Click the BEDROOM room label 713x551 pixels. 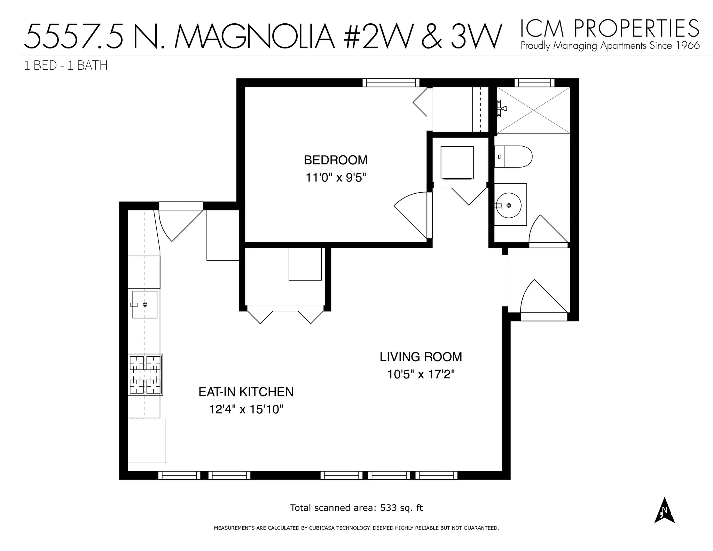click(x=336, y=160)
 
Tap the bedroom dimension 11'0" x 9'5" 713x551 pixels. click(x=336, y=178)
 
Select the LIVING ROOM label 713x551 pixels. click(x=421, y=357)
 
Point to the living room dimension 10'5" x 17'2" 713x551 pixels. click(x=421, y=375)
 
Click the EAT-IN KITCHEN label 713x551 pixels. click(x=246, y=392)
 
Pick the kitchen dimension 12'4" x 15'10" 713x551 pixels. click(x=246, y=410)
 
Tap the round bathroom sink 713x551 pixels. click(x=509, y=205)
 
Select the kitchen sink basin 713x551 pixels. click(x=145, y=305)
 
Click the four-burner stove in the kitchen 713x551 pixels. click(x=145, y=375)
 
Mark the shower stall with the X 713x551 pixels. click(x=534, y=110)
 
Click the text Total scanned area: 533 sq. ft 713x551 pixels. click(x=356, y=508)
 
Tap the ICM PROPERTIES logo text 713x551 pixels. click(x=609, y=29)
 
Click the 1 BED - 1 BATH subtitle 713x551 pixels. click(x=66, y=65)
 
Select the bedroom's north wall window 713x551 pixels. click(x=391, y=83)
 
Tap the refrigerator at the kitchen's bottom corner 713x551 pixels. click(x=148, y=441)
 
